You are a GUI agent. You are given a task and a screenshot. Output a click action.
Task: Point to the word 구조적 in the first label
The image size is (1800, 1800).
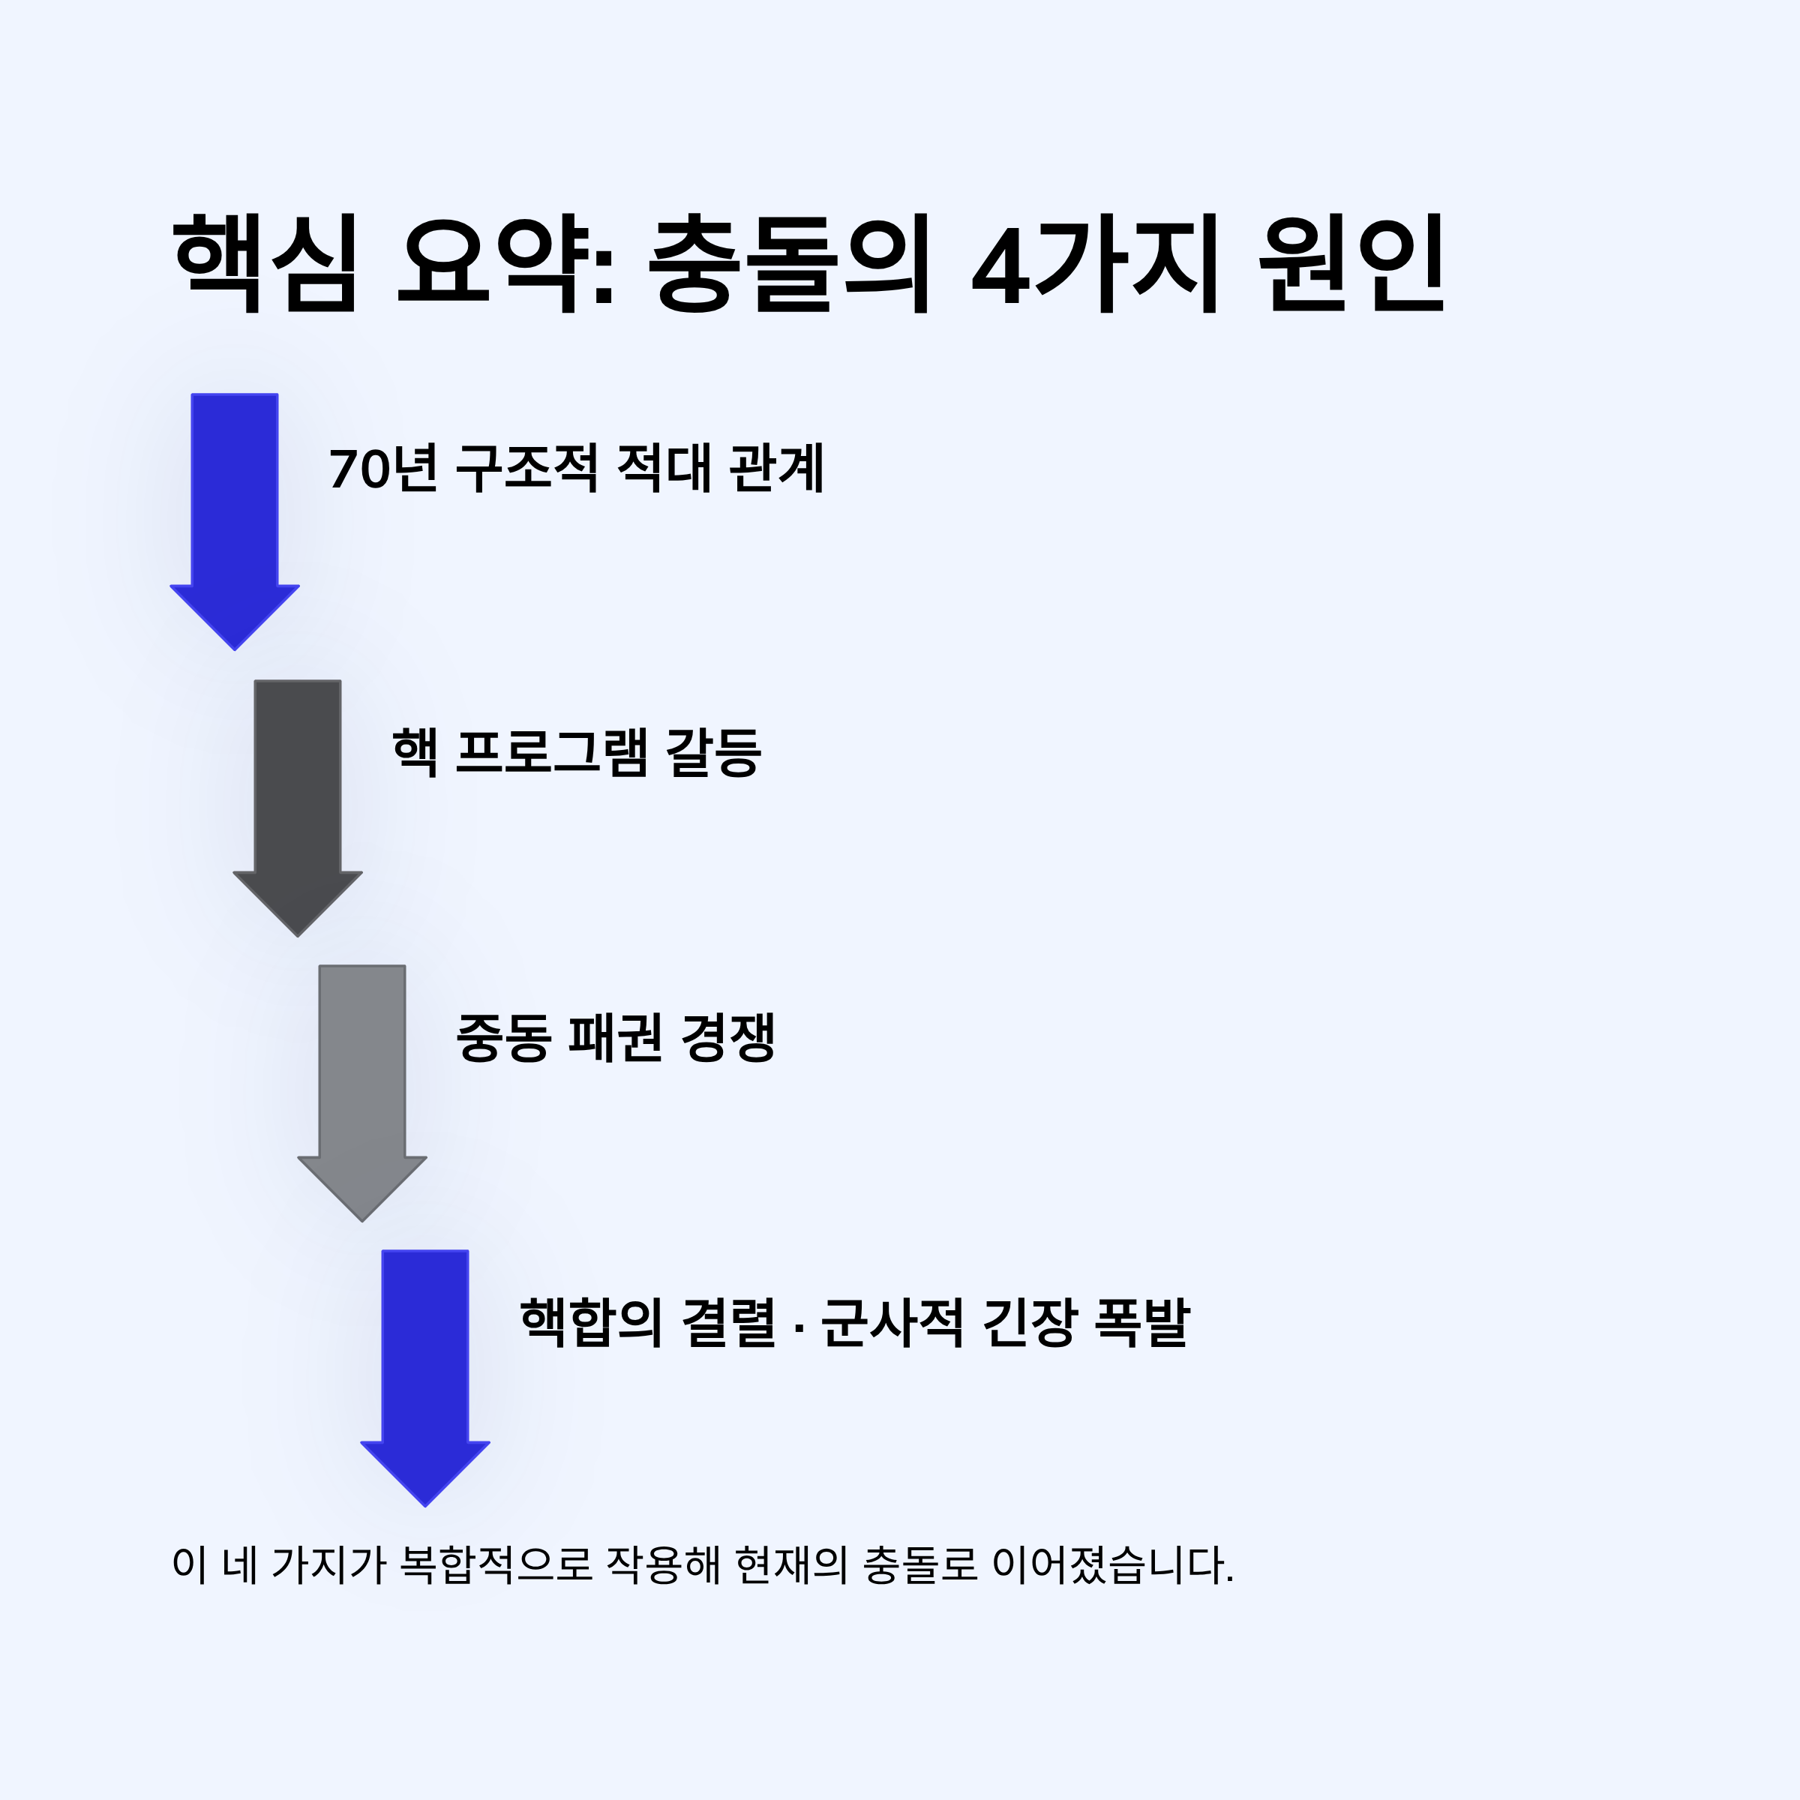pos(526,468)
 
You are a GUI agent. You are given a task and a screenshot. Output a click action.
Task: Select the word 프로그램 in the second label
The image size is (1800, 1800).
pos(550,753)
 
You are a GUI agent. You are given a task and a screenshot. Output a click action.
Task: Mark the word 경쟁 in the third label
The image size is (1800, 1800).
pos(727,1038)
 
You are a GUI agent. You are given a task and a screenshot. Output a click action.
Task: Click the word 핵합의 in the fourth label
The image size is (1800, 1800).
pos(591,1323)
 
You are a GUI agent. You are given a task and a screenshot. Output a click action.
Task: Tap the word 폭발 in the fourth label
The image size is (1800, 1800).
pos(1141,1323)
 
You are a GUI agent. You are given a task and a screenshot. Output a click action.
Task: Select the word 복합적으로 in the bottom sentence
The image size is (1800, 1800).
pos(496,1565)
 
